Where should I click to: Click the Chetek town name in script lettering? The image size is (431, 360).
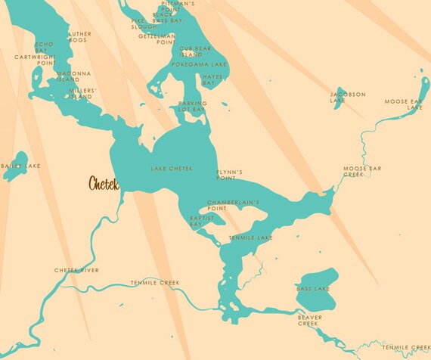point(104,183)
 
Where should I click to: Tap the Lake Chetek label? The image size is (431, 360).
point(172,168)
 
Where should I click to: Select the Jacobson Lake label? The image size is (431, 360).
point(347,97)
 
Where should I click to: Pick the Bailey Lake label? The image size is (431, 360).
point(21,166)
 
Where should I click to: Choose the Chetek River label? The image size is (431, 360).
point(76,270)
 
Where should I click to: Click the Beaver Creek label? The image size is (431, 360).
point(308,320)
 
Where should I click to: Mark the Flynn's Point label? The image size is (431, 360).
point(229,175)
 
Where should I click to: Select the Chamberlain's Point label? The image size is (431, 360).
point(234,205)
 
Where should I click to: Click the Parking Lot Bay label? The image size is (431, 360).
point(192,107)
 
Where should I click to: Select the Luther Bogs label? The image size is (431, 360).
point(79,36)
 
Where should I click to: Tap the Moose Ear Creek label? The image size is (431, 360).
point(359,172)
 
